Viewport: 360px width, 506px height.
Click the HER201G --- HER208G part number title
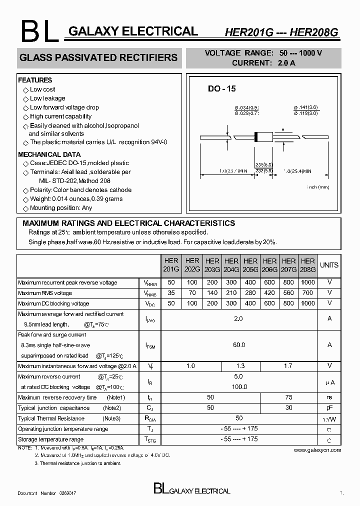click(281, 32)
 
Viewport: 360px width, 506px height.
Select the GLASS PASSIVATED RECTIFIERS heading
click(98, 57)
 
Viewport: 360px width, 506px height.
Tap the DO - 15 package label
click(221, 89)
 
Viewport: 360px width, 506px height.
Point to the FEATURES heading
click(35, 80)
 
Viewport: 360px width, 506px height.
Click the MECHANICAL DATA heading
click(49, 154)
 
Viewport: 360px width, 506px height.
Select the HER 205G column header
click(250, 265)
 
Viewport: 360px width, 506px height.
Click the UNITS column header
click(329, 265)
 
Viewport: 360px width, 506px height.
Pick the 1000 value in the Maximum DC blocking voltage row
click(308, 303)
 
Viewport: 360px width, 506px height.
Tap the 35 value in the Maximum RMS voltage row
click(171, 293)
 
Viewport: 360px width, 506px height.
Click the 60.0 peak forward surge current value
click(239, 345)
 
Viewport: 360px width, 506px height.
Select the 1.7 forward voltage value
click(288, 366)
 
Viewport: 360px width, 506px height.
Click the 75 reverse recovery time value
click(288, 397)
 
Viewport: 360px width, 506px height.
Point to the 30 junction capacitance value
click(288, 408)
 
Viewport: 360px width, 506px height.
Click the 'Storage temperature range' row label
click(50, 439)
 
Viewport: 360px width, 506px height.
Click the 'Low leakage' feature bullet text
click(47, 98)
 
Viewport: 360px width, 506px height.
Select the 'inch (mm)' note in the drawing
click(318, 187)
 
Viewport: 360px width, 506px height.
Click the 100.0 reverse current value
click(239, 387)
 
